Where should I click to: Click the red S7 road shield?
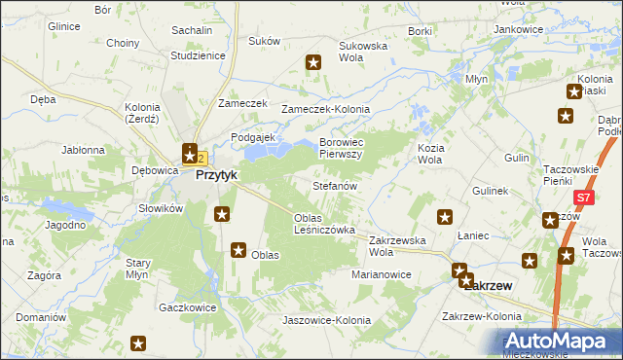coord(582,198)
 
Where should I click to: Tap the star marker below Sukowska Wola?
coord(314,63)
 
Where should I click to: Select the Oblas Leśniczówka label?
coord(324,224)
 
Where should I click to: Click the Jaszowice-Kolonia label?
coord(326,320)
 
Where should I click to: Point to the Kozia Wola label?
coord(430,153)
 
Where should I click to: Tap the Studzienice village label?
coord(198,55)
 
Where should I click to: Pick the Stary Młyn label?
coord(141,269)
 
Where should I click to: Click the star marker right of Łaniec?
coord(530,260)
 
